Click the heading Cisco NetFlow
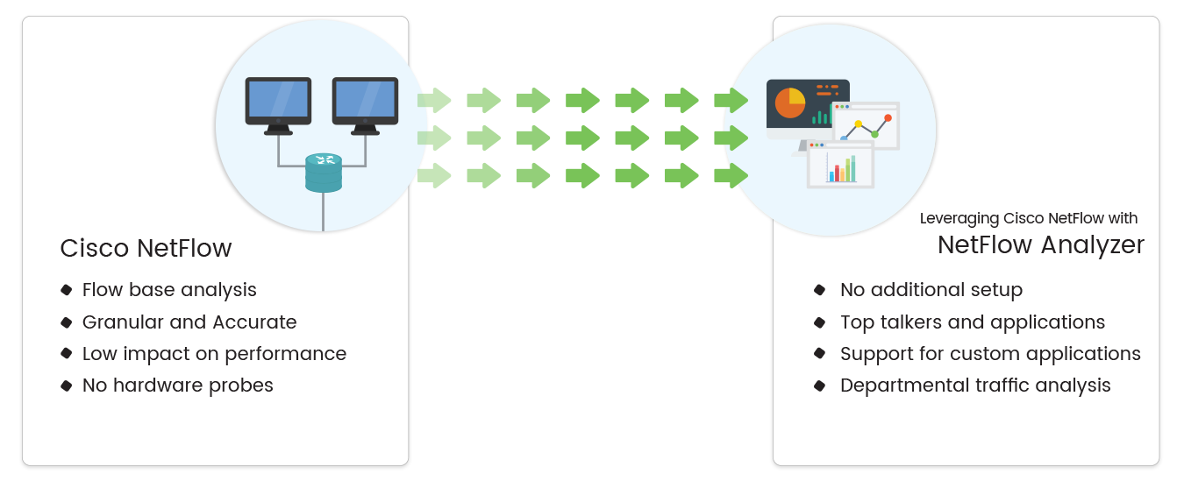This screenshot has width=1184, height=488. click(x=146, y=249)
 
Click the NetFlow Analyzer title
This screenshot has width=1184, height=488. click(x=1041, y=245)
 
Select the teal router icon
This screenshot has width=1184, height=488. click(x=324, y=172)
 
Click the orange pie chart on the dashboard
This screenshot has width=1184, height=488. click(x=789, y=103)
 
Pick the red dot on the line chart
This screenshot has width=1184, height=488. click(x=888, y=117)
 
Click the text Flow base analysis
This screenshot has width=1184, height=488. click(x=169, y=290)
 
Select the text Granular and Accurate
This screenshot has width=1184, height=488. click(x=189, y=322)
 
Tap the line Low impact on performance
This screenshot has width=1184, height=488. click(x=214, y=354)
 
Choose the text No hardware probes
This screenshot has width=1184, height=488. click(x=177, y=385)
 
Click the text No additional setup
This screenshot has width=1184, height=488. click(x=931, y=290)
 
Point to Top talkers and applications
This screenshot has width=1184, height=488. click(x=973, y=322)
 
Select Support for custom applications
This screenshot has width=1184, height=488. click(x=990, y=354)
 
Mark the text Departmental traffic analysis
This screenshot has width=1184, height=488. click(x=975, y=385)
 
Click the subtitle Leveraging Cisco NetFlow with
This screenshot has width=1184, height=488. click(x=1028, y=219)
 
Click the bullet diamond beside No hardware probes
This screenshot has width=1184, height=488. click(x=66, y=385)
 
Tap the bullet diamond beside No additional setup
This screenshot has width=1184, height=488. click(x=820, y=290)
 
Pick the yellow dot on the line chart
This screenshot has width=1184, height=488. click(x=859, y=124)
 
